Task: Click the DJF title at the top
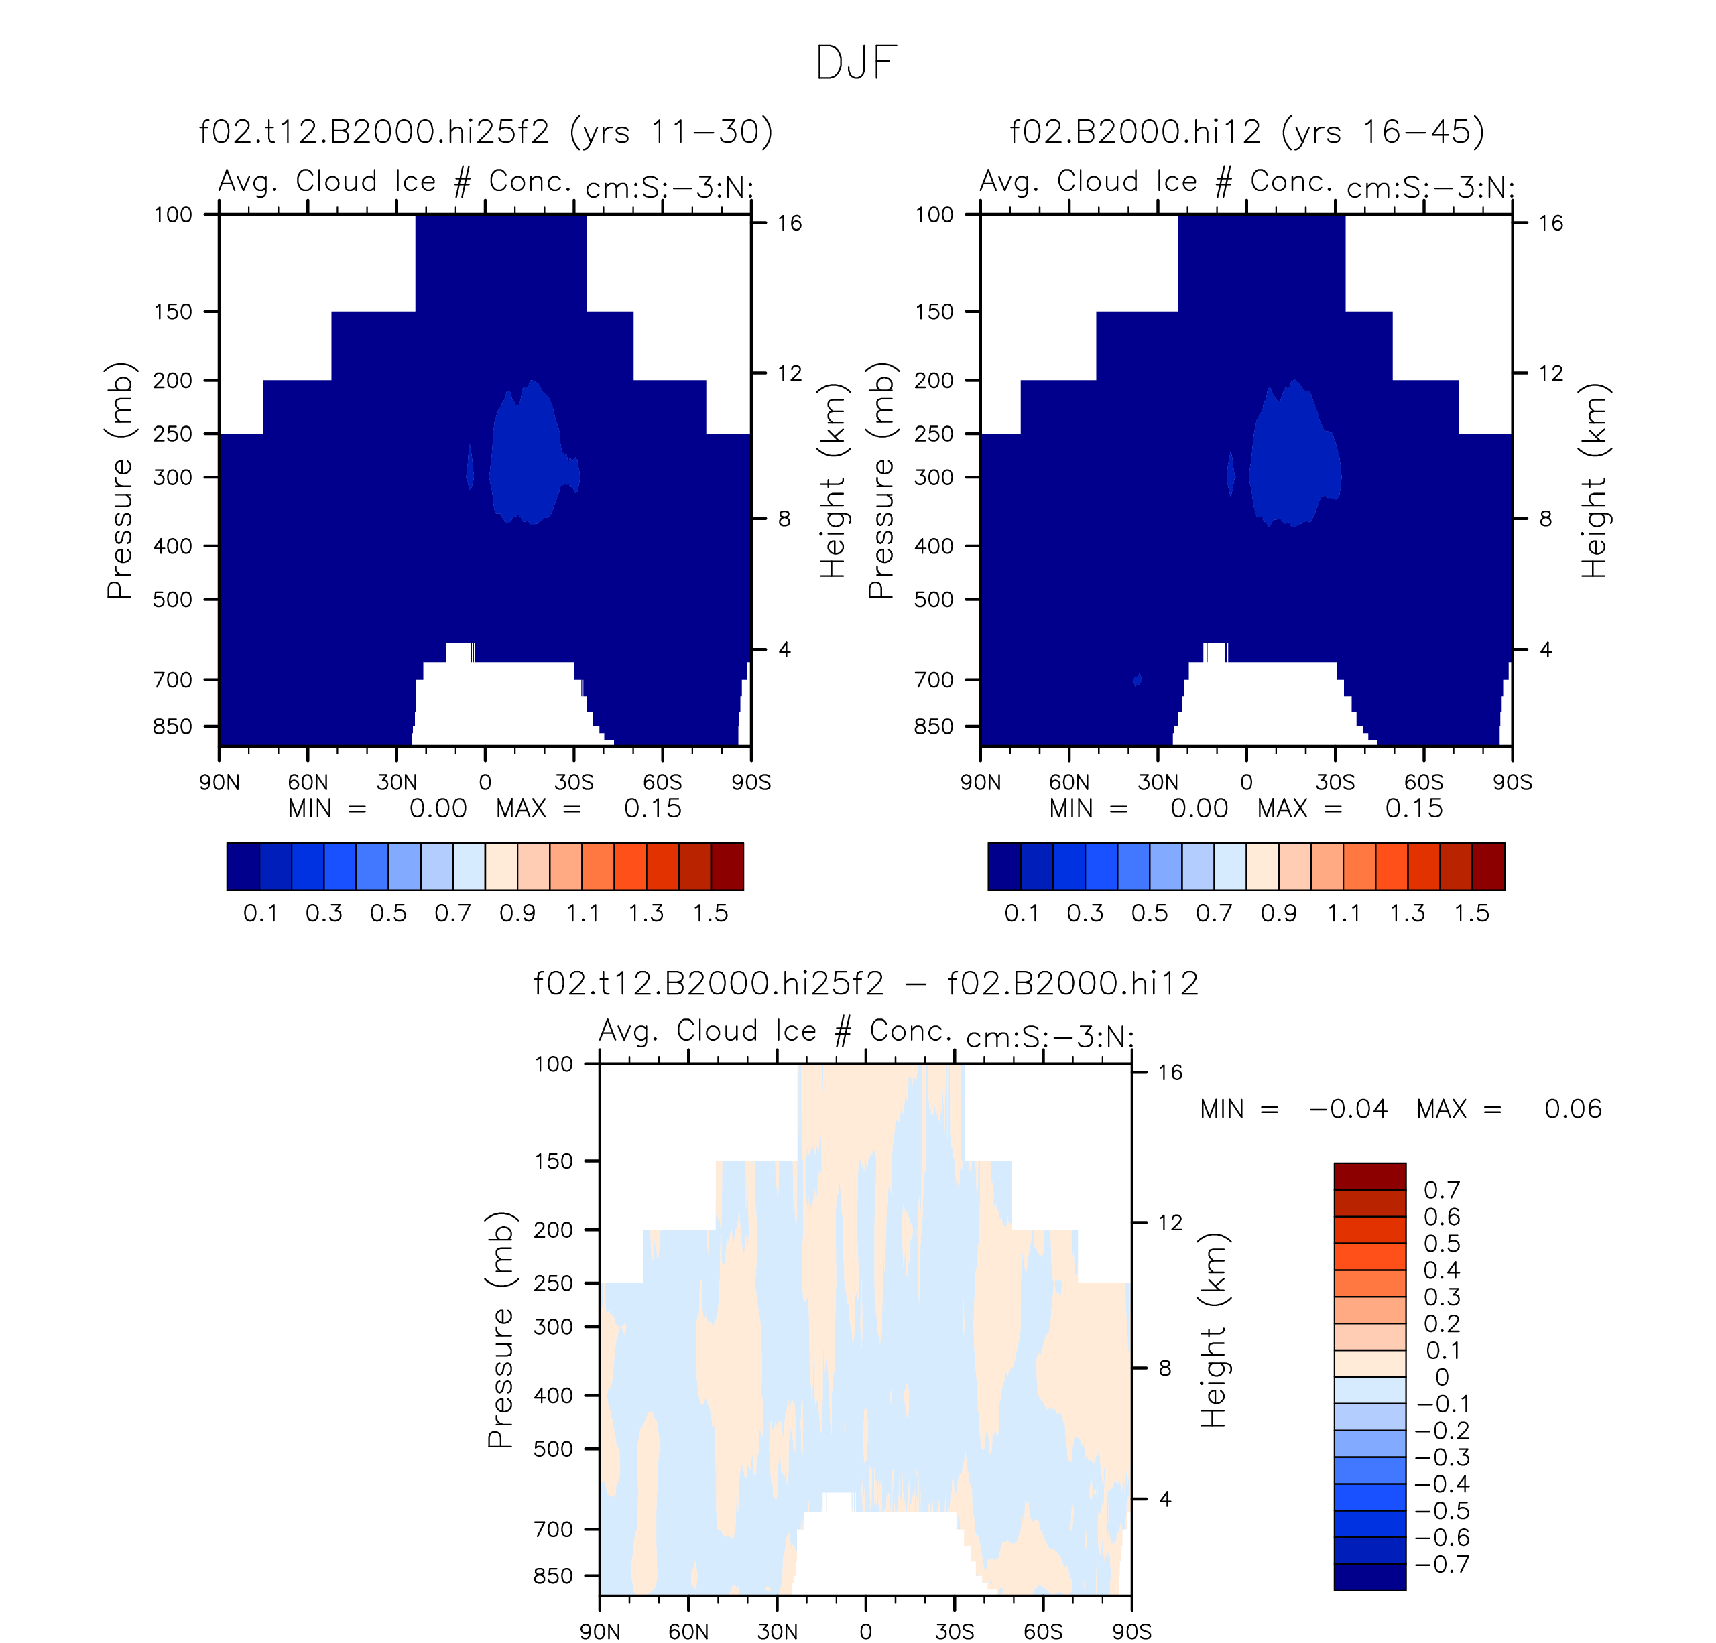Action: [856, 63]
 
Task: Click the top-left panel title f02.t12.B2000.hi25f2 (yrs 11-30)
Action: [486, 132]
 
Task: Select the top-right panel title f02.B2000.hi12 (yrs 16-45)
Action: [1247, 132]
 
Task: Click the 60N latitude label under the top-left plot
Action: [307, 783]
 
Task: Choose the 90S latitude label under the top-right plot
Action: [1512, 783]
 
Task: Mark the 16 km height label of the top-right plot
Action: [1550, 223]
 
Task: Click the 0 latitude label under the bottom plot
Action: [866, 1632]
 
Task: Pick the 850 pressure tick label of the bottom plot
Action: [553, 1575]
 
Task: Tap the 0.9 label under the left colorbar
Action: [517, 913]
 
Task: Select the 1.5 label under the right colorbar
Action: [1472, 913]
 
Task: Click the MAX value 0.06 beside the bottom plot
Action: [1573, 1109]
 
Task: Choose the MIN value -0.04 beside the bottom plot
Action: [1348, 1109]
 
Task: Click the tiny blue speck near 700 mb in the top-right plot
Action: [1138, 679]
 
